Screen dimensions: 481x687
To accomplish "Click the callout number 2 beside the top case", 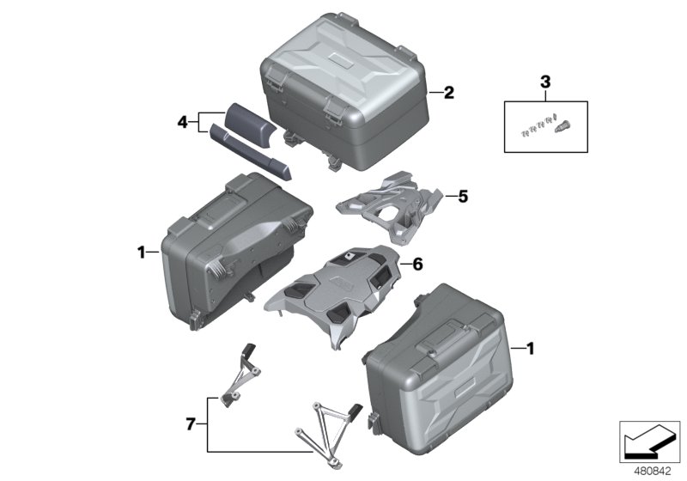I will click(x=448, y=94).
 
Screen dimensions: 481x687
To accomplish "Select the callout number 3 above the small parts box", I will click(x=544, y=82).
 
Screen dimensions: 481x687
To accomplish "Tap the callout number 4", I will click(x=182, y=123).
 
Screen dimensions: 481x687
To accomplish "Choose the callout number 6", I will click(x=418, y=265).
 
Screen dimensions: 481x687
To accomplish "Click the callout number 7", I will click(x=192, y=423).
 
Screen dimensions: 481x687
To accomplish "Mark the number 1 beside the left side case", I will click(x=141, y=252).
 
